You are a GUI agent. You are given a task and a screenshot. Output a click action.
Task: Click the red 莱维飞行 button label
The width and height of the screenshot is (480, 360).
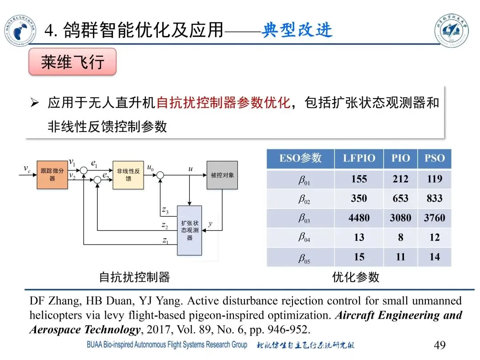pyautogui.click(x=72, y=62)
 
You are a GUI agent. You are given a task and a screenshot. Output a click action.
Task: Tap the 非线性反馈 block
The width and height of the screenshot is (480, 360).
pyautogui.click(x=128, y=175)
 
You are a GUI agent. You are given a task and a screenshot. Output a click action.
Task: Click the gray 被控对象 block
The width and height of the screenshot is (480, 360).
pyautogui.click(x=222, y=175)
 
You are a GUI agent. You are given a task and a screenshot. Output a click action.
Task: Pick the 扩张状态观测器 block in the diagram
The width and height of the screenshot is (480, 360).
pyautogui.click(x=189, y=230)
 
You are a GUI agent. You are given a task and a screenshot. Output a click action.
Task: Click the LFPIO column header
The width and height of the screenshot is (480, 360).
pyautogui.click(x=359, y=159)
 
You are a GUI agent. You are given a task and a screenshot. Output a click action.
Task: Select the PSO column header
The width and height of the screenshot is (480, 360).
pyautogui.click(x=434, y=159)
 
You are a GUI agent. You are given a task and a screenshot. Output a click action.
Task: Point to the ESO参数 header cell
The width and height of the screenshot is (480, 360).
pyautogui.click(x=300, y=159)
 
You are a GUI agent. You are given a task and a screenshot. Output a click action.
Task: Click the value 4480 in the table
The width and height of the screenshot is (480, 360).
pyautogui.click(x=359, y=218)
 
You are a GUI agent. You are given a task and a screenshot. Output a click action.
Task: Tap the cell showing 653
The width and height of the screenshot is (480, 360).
pyautogui.click(x=400, y=199)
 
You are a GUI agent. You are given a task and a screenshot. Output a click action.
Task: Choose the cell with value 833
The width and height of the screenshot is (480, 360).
pyautogui.click(x=434, y=199)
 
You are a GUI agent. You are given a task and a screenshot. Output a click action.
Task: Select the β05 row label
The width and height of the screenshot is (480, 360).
pyautogui.click(x=304, y=258)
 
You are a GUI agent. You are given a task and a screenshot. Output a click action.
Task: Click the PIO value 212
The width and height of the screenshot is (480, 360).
pyautogui.click(x=400, y=179)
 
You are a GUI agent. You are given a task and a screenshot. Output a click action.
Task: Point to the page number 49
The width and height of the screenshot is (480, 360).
pyautogui.click(x=439, y=345)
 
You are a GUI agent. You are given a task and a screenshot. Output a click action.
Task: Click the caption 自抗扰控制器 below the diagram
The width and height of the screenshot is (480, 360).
pyautogui.click(x=134, y=277)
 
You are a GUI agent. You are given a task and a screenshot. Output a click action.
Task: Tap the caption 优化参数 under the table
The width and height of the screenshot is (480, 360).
pyautogui.click(x=356, y=277)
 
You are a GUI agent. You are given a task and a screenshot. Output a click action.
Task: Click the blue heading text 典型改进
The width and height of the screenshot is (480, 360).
pyautogui.click(x=297, y=30)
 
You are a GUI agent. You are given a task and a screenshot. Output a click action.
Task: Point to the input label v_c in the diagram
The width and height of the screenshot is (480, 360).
pyautogui.click(x=27, y=168)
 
